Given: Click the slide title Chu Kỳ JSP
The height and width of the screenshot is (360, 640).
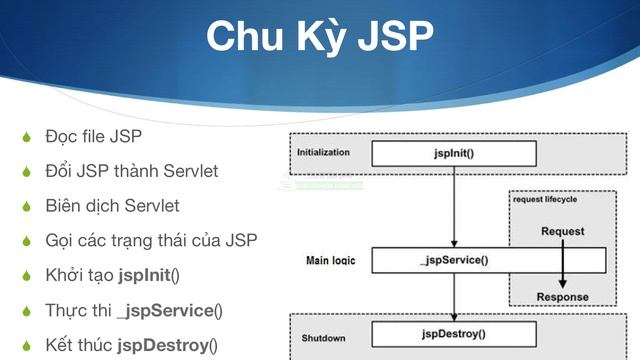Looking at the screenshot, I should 319,37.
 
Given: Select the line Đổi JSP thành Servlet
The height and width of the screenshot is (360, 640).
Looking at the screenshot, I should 131,171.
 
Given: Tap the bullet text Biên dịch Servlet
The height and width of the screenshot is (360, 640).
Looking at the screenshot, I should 112,206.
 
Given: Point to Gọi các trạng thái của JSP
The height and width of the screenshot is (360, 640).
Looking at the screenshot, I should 151,241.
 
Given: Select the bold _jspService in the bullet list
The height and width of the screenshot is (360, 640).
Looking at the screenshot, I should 165,310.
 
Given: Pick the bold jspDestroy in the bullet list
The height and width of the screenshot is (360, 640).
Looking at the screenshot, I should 163,345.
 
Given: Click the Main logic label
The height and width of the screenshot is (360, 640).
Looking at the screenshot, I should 331,261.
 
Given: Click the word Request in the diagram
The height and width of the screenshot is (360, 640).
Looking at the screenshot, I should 562,232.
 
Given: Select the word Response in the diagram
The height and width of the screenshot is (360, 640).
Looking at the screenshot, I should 562,297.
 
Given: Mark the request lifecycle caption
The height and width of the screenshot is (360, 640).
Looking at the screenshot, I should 545,199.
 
